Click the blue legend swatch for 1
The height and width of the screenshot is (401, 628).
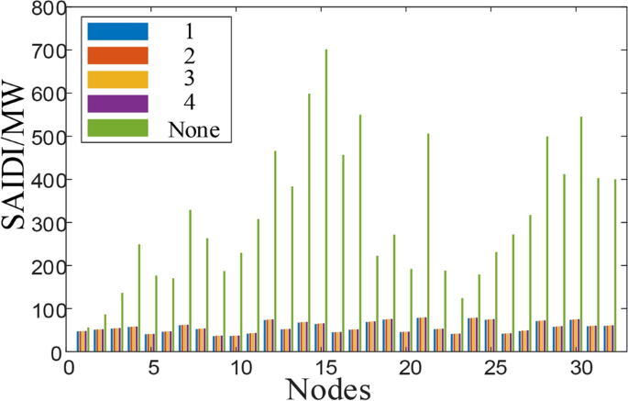[x=116, y=31]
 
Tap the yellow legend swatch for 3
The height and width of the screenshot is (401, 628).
[x=116, y=80]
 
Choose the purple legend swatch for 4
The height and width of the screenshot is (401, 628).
[x=116, y=104]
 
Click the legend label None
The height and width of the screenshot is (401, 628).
[x=193, y=129]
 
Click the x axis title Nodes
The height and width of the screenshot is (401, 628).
[x=328, y=389]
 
